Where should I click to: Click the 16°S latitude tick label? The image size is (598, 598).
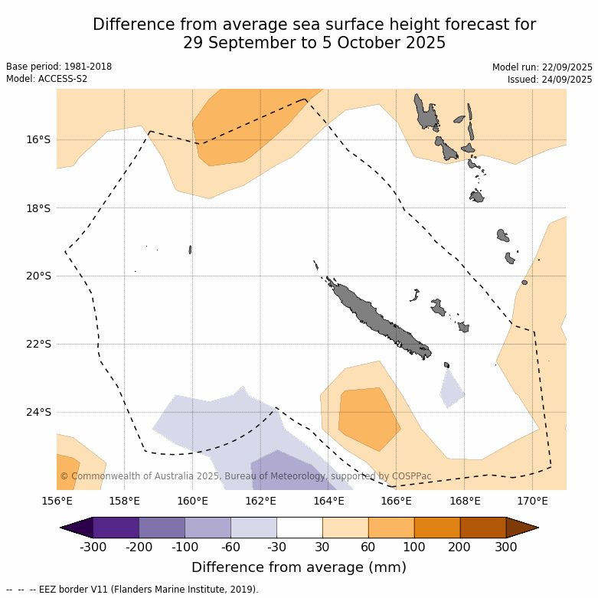pyautogui.click(x=39, y=140)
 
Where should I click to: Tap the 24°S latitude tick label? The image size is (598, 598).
pyautogui.click(x=39, y=412)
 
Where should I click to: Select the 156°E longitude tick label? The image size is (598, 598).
pyautogui.click(x=57, y=502)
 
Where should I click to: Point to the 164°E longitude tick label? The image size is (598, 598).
pyautogui.click(x=328, y=502)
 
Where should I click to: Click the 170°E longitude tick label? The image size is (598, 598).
pyautogui.click(x=532, y=502)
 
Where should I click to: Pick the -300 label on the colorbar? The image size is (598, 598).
pyautogui.click(x=93, y=547)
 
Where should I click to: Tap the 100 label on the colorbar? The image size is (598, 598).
pyautogui.click(x=414, y=547)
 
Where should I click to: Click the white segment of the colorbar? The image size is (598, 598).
pyautogui.click(x=299, y=528)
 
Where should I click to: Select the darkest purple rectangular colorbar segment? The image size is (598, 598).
pyautogui.click(x=116, y=528)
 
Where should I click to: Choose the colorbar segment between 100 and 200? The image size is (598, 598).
pyautogui.click(x=437, y=528)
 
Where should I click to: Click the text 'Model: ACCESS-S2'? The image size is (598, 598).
pyautogui.click(x=47, y=79)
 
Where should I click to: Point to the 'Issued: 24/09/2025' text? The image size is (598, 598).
pyautogui.click(x=550, y=80)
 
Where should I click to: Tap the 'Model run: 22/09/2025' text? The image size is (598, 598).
pyautogui.click(x=542, y=67)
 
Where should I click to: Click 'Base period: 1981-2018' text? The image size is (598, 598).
pyautogui.click(x=59, y=67)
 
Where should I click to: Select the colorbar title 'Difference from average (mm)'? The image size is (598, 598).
pyautogui.click(x=299, y=567)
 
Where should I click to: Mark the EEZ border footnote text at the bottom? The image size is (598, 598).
pyautogui.click(x=132, y=590)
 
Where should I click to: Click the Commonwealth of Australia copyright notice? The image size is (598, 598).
pyautogui.click(x=245, y=476)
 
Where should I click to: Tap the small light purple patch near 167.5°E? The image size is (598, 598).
pyautogui.click(x=451, y=388)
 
